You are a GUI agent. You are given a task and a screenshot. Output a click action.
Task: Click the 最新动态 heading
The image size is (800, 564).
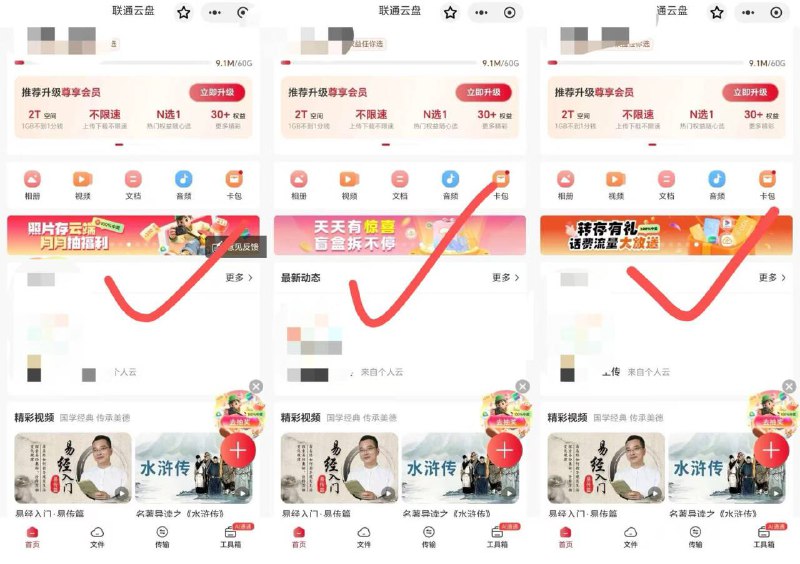click(x=301, y=277)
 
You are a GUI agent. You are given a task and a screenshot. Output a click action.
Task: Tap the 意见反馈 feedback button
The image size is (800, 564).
click(x=235, y=246)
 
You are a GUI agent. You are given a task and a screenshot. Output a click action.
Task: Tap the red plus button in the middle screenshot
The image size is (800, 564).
click(x=504, y=451)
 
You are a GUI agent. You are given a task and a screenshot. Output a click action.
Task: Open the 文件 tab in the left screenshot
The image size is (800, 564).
click(x=97, y=537)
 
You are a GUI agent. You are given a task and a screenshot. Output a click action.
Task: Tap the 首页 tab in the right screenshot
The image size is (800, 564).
click(x=565, y=537)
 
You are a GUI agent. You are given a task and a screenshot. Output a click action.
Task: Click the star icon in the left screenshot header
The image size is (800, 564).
click(x=183, y=12)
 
